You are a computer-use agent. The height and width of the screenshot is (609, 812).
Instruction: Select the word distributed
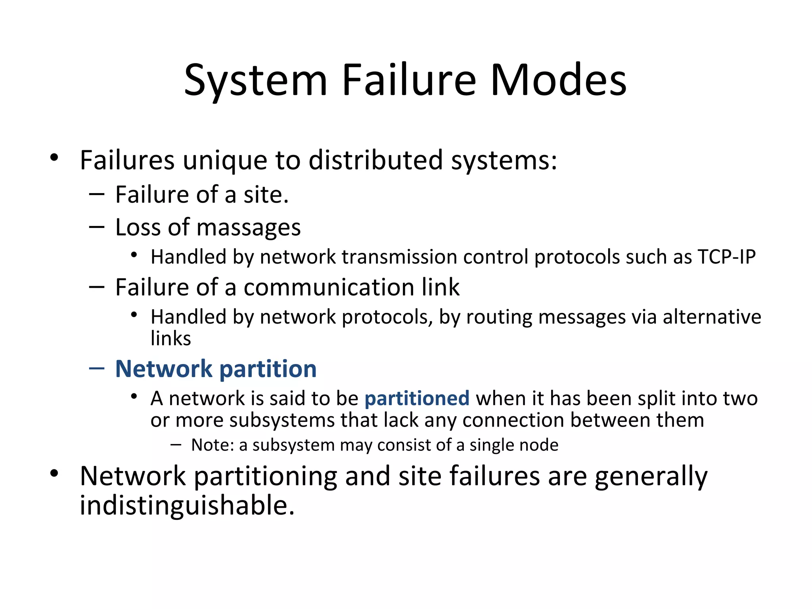click(375, 161)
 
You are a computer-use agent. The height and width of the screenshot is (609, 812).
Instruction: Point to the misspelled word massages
click(248, 228)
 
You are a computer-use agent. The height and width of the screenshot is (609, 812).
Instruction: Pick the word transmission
click(399, 257)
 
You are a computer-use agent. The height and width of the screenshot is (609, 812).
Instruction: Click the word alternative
click(712, 317)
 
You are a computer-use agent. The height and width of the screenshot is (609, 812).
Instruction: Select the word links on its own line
click(171, 339)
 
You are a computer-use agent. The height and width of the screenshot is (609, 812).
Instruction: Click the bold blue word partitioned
click(417, 398)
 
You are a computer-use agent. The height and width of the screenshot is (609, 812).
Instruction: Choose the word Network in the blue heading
click(164, 369)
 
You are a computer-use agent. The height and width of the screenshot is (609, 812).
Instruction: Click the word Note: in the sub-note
click(213, 445)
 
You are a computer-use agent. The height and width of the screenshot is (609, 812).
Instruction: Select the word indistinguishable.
click(187, 506)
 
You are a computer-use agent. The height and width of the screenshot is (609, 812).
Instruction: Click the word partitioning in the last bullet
click(265, 477)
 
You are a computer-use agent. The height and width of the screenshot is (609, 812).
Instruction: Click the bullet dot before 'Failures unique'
click(54, 158)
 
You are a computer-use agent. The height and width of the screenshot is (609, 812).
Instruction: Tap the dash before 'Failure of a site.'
click(97, 194)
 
